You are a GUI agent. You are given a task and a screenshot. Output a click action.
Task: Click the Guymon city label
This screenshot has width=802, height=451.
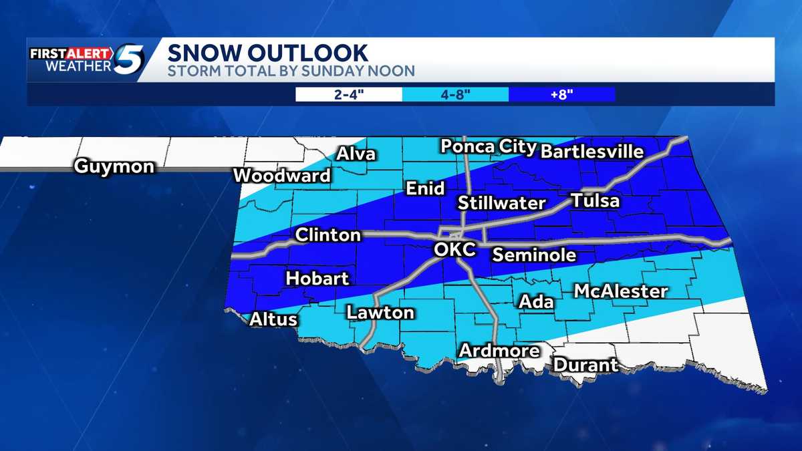click(x=114, y=166)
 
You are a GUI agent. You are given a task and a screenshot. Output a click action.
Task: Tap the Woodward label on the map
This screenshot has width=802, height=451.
click(x=282, y=176)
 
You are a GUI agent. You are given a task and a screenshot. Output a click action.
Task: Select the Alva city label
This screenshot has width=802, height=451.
click(x=356, y=154)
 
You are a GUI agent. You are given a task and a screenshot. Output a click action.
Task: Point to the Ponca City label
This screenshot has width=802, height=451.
click(x=489, y=146)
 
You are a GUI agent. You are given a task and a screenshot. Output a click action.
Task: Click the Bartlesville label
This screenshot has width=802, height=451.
click(x=591, y=152)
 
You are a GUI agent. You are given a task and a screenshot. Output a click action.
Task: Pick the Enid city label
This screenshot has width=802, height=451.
click(x=425, y=189)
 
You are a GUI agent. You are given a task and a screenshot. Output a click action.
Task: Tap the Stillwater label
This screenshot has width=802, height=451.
click(x=502, y=203)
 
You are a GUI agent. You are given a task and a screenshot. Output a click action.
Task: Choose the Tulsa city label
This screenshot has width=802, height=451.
click(x=595, y=201)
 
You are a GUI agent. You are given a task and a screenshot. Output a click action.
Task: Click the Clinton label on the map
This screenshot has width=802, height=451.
click(x=328, y=235)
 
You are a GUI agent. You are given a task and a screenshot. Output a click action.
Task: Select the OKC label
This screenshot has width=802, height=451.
click(x=454, y=250)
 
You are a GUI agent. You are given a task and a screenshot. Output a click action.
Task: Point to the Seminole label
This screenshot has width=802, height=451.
click(x=534, y=255)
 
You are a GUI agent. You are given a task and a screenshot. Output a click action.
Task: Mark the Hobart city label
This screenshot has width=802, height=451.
click(x=318, y=279)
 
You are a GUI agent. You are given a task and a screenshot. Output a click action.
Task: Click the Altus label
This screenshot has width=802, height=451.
click(x=273, y=319)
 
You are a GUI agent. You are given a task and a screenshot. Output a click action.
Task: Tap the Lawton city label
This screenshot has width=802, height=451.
click(x=380, y=312)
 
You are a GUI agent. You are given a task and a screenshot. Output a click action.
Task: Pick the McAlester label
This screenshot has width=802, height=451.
click(x=621, y=291)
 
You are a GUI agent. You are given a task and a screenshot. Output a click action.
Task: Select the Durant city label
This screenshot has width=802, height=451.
click(x=585, y=365)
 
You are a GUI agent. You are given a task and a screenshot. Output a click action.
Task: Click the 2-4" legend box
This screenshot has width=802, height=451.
click(x=349, y=94)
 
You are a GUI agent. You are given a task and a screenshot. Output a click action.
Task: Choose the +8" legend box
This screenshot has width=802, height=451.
click(x=561, y=94)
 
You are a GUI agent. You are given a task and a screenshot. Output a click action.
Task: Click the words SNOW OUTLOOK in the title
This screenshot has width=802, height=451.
click(x=267, y=53)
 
